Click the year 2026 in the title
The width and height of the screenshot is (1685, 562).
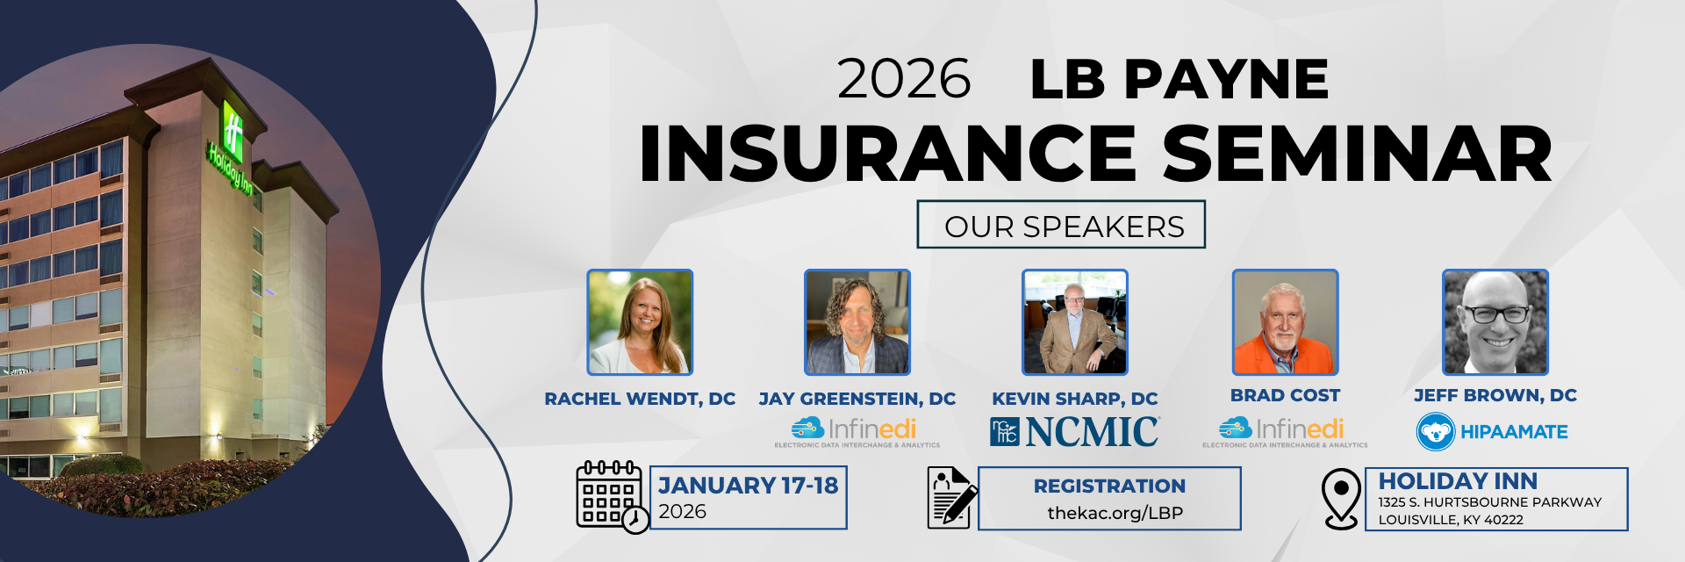click(x=904, y=79)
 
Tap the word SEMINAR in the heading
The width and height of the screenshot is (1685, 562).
click(x=1358, y=154)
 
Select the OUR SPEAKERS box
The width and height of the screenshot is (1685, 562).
click(x=1061, y=225)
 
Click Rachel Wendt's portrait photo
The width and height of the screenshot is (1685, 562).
click(x=640, y=322)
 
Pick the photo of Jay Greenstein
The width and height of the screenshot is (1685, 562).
click(x=857, y=322)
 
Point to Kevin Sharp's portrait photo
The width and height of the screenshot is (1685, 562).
click(x=1075, y=322)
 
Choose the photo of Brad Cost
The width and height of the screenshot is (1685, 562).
click(x=1286, y=322)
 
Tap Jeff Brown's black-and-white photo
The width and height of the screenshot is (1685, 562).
click(x=1495, y=322)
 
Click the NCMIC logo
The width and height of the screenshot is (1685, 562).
click(x=1075, y=431)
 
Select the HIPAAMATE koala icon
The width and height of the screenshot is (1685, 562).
click(x=1436, y=432)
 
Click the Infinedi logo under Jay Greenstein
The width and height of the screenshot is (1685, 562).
click(x=857, y=432)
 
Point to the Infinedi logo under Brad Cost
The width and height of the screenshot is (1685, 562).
click(x=1285, y=432)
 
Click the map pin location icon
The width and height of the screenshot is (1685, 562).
click(x=1341, y=499)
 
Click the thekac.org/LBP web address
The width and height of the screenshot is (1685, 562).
click(x=1115, y=513)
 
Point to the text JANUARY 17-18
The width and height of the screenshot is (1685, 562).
click(x=749, y=485)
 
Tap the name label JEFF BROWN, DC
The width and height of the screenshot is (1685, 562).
click(x=1495, y=395)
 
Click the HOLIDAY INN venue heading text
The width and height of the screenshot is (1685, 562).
click(x=1458, y=481)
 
